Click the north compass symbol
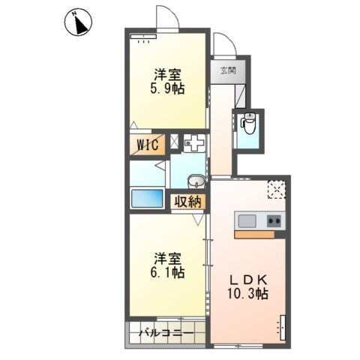(x=79, y=22)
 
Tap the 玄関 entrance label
(x=228, y=70)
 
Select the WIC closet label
(x=148, y=145)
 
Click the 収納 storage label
(x=187, y=202)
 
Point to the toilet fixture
(x=247, y=123)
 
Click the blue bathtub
(x=147, y=198)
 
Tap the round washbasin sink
(x=196, y=181)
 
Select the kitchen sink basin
(x=247, y=221)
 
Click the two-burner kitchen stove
(x=274, y=221)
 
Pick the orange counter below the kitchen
(x=254, y=234)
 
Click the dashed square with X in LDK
(x=276, y=190)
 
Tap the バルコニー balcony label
(x=166, y=333)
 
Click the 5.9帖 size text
(x=167, y=88)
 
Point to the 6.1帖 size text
(x=167, y=272)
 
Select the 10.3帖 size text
(x=247, y=294)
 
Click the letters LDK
(x=248, y=280)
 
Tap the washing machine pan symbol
(x=194, y=142)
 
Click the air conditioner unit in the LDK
(x=283, y=328)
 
